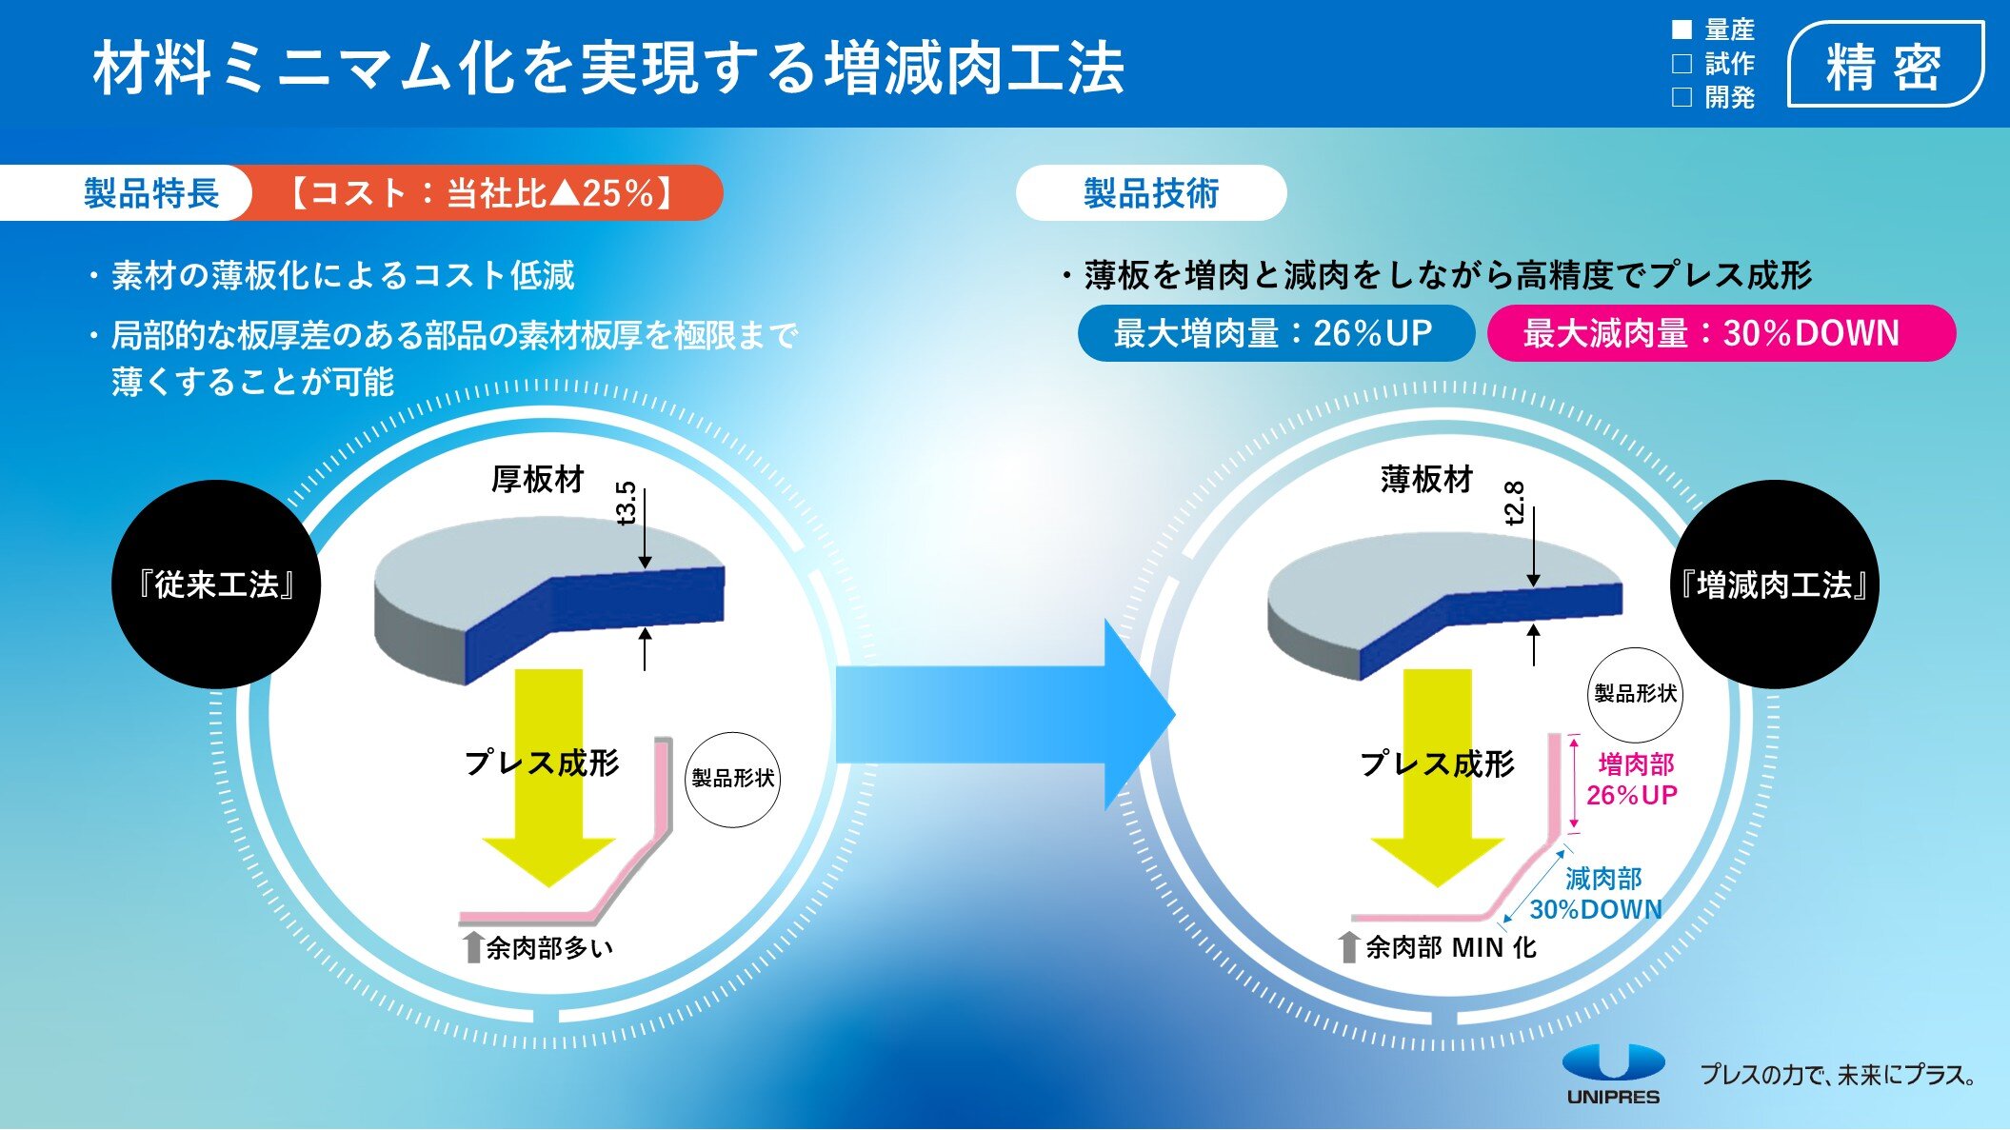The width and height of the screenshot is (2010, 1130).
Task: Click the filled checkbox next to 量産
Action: (x=1682, y=30)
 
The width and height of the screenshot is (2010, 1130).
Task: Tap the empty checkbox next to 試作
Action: (x=1682, y=64)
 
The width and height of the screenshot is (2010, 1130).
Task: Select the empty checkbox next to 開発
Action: (x=1682, y=97)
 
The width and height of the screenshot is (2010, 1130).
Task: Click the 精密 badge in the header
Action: (x=1885, y=65)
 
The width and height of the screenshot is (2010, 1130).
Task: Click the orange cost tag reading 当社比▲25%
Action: (x=481, y=193)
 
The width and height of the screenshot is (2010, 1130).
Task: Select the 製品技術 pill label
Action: (x=1151, y=193)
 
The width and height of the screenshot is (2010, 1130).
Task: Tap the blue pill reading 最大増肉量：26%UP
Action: (x=1275, y=333)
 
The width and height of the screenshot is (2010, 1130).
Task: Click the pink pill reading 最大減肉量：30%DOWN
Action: (x=1721, y=333)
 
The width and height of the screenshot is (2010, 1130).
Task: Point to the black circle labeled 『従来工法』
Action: (x=216, y=585)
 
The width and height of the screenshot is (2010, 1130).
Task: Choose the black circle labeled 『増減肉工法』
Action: (x=1775, y=585)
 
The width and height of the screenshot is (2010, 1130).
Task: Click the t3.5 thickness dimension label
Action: (x=627, y=503)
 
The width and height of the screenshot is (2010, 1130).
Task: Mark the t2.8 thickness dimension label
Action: (x=1515, y=503)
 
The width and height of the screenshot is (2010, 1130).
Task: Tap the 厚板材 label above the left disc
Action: (x=537, y=479)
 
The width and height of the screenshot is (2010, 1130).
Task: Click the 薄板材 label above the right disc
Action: (x=1426, y=479)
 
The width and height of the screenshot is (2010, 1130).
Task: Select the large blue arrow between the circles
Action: (x=1005, y=715)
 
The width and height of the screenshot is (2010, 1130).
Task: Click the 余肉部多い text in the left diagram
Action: (x=549, y=948)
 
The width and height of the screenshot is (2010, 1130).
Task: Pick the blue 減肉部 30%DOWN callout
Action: (x=1597, y=894)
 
